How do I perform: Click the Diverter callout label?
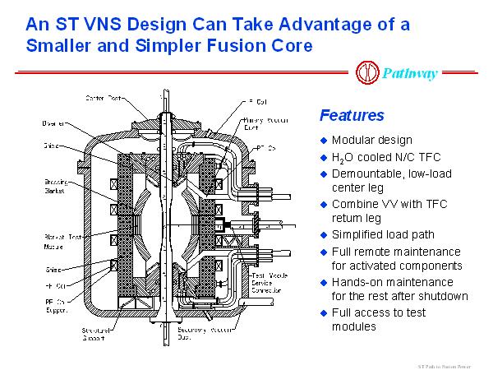[x=54, y=123]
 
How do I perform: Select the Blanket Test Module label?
[x=57, y=243]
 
